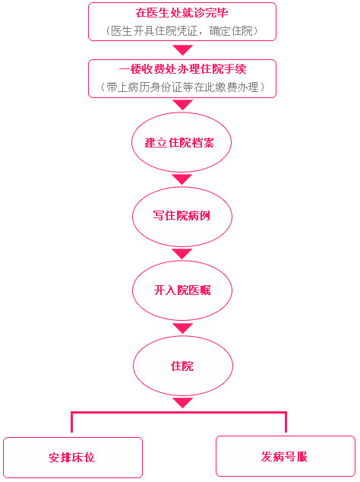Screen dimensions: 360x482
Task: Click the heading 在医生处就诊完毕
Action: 182,13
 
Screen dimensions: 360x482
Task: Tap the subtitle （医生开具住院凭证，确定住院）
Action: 182,31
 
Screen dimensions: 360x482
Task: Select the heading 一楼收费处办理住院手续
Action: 182,69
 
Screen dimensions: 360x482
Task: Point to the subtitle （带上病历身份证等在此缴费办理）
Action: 182,87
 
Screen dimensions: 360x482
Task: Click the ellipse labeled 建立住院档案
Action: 182,142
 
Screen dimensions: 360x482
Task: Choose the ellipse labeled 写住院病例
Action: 182,217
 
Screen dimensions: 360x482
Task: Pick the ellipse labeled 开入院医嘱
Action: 182,290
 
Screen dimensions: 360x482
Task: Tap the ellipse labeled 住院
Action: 183,366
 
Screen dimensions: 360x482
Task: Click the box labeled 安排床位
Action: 73,458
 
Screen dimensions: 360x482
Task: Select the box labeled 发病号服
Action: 286,456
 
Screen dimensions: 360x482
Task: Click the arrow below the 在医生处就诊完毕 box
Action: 182,50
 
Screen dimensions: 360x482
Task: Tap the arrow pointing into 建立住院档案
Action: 182,105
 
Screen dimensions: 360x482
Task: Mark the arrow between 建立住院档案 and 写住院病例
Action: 182,179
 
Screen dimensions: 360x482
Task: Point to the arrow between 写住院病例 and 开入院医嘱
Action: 182,254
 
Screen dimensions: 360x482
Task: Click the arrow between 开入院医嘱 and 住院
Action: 182,328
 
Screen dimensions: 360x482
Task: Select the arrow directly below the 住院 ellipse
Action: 183,403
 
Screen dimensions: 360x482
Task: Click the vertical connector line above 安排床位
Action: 72,422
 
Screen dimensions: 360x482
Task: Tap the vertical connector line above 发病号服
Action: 286,422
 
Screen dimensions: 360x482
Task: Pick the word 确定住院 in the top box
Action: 231,31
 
